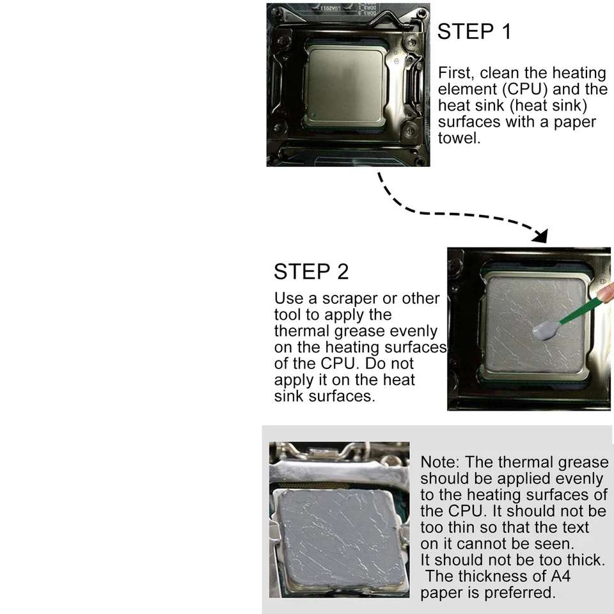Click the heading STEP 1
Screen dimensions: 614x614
coord(474,31)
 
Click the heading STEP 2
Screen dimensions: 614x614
coord(311,271)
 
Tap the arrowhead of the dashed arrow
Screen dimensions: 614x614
coord(541,236)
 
